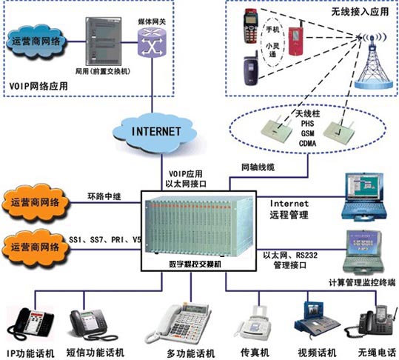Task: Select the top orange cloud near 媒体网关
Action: (x=38, y=43)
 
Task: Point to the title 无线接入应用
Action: (x=356, y=13)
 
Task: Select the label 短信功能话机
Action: (x=96, y=352)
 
